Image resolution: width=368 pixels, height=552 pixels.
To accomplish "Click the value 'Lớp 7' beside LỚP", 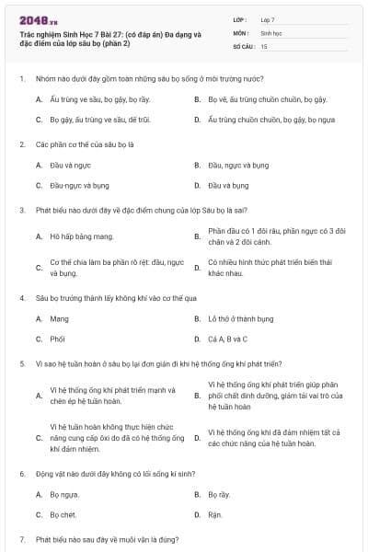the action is pyautogui.click(x=268, y=18).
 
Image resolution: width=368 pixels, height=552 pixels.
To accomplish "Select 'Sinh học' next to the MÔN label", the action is pyautogui.click(x=271, y=32).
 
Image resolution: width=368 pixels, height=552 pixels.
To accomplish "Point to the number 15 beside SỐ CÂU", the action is pyautogui.click(x=264, y=45).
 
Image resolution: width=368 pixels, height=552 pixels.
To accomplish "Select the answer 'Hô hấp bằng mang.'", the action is pyautogui.click(x=82, y=236).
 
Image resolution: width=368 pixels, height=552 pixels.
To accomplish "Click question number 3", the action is pyautogui.click(x=21, y=210).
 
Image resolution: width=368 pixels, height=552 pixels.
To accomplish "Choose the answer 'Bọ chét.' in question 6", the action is pyautogui.click(x=63, y=514).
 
